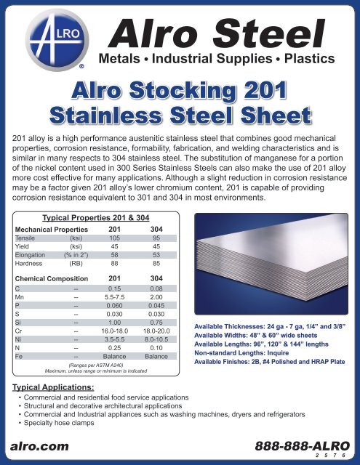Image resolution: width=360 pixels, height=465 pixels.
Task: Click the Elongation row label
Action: pyautogui.click(x=33, y=255)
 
